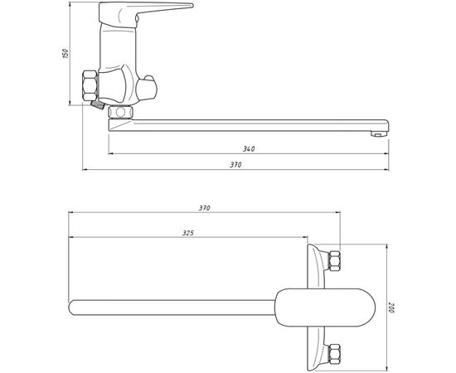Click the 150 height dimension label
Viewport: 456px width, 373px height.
(x=66, y=54)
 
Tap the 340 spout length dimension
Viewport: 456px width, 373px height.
(x=249, y=149)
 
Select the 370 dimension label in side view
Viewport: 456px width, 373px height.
(x=235, y=165)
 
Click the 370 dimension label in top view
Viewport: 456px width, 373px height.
(x=204, y=208)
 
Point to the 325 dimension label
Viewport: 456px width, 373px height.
(x=188, y=233)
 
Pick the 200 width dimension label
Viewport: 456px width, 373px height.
(x=391, y=308)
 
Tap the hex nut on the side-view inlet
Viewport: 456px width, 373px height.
(x=90, y=85)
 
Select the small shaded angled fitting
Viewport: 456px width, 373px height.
(x=97, y=104)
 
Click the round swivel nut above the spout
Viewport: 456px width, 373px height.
(x=120, y=112)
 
